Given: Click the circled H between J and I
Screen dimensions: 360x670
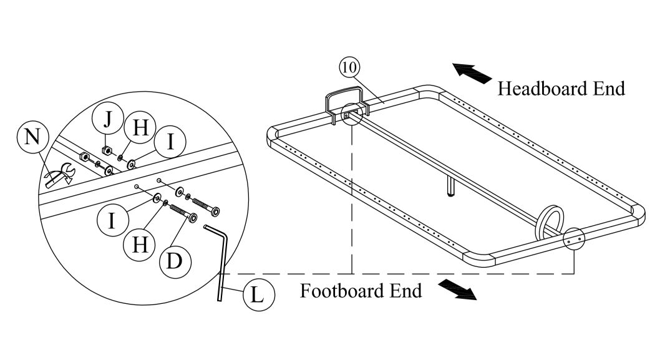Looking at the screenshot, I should (141, 129).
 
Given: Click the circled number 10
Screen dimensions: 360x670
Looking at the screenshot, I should (350, 64).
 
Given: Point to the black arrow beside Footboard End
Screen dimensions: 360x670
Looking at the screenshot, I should (458, 289).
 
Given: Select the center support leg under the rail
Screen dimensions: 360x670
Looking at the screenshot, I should (449, 185).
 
